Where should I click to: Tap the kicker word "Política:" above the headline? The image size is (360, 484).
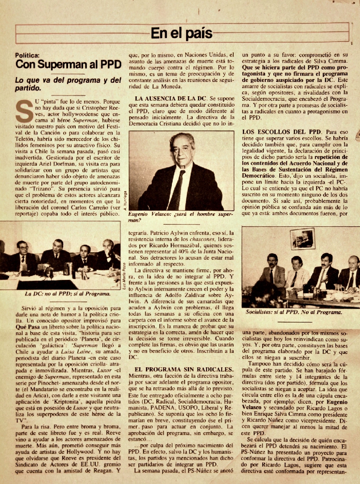tap(28, 55)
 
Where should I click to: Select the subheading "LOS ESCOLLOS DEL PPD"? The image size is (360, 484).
tap(275, 131)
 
